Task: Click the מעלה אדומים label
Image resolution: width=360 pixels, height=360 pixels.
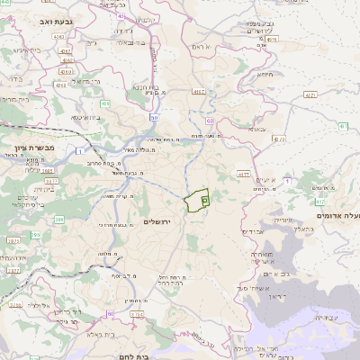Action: click(337, 215)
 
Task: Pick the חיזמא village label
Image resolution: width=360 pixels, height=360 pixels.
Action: click(264, 75)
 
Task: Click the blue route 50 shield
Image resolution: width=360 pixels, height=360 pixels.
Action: click(155, 117)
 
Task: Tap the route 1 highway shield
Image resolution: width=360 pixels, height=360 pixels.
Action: click(78, 148)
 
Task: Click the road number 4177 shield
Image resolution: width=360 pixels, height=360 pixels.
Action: click(243, 174)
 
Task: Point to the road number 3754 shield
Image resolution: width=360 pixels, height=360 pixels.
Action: click(137, 314)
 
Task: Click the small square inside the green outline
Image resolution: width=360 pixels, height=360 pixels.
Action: click(203, 199)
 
